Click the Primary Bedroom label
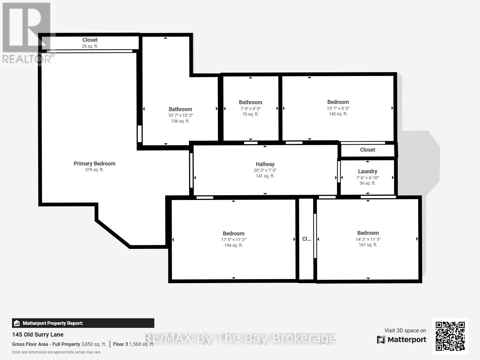coord(95,164)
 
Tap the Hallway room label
coord(265,164)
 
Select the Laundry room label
coord(368,171)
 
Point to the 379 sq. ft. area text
coord(94,170)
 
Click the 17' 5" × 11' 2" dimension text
coord(234,240)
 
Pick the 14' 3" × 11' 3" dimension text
coord(368,239)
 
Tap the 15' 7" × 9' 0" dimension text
coord(338,108)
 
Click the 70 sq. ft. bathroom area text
coord(250,114)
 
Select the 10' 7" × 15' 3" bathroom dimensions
coord(180,115)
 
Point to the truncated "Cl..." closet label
coord(306,239)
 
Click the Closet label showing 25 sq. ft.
coord(90,40)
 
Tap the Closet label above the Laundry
coord(368,150)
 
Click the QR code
coord(450,336)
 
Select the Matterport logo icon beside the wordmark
coord(381,340)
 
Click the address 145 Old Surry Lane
coord(38,335)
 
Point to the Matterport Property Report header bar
coord(83,323)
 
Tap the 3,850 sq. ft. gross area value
coord(94,344)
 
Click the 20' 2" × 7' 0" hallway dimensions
coord(265,170)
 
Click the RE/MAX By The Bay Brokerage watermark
coord(240,338)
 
